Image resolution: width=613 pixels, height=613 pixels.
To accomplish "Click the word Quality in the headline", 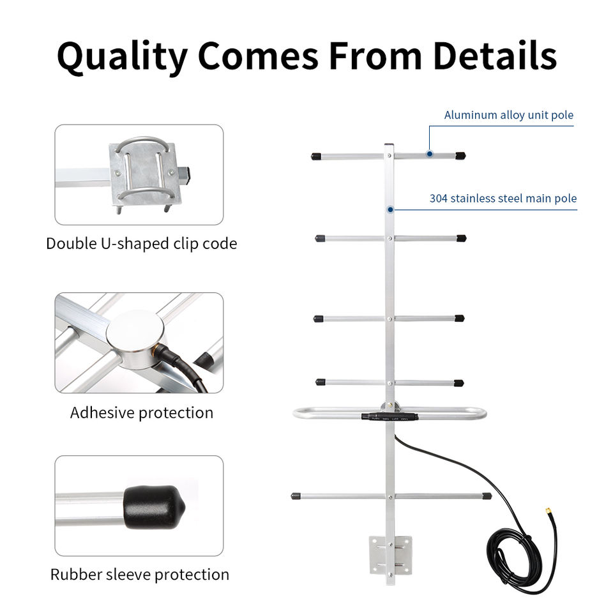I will pos(122,56).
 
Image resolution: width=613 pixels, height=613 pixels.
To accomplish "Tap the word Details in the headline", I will pos(495,56).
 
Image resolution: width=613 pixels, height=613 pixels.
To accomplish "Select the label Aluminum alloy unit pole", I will pos(508,116).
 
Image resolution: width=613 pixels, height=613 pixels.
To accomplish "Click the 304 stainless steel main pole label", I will pos(503,199).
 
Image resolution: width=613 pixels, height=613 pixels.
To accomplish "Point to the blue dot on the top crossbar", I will pos(430,154).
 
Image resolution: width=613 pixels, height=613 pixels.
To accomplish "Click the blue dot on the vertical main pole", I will pos(390,209).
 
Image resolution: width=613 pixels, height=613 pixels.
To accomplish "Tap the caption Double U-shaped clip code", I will pos(141,243).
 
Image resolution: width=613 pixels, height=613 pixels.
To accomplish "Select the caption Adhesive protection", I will pos(141,412).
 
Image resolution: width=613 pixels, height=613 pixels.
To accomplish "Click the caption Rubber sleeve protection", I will pos(139,574).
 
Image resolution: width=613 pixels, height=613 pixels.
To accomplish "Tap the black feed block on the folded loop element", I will pos(390,416).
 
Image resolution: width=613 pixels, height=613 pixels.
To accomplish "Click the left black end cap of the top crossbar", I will pos(315,156).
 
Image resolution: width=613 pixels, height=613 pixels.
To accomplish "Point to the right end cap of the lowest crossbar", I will pos(487,496).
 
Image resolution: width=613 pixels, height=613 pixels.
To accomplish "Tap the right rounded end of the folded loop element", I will pos(481,413).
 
